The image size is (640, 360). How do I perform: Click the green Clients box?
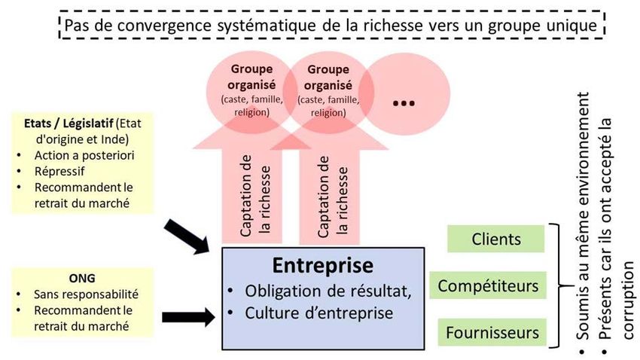click(x=496, y=239)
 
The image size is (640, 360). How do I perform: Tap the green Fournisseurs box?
click(x=492, y=331)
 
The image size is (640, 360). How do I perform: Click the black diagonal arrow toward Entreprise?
click(x=188, y=234)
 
